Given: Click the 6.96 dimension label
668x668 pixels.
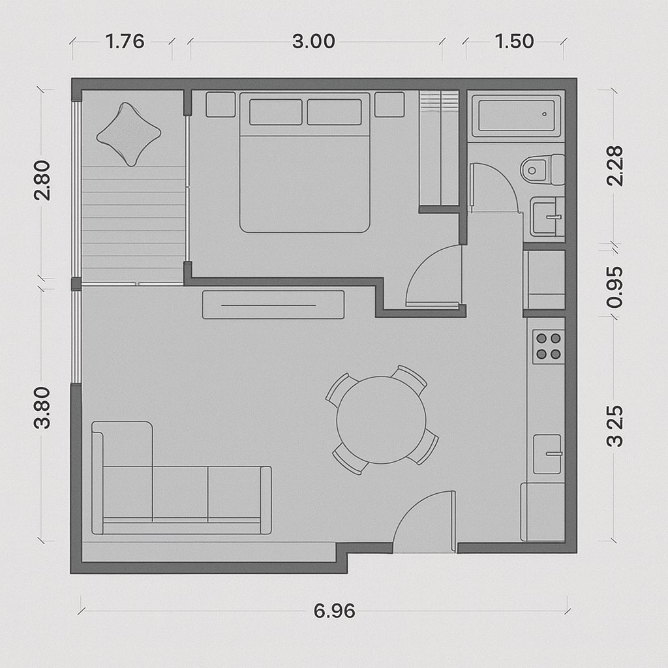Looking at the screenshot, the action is click(x=335, y=611).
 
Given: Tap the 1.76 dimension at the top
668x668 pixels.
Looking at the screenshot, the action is click(x=125, y=42).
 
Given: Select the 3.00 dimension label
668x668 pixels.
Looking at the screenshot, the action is click(x=314, y=42).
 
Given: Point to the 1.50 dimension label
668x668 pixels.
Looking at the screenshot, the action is click(x=514, y=42).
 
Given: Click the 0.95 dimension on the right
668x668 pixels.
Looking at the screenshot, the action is click(x=615, y=287).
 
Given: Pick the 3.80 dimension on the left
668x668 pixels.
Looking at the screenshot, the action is click(x=42, y=408).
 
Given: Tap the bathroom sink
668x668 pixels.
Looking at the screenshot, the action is click(x=548, y=217).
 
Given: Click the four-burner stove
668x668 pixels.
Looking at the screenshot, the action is click(x=549, y=346).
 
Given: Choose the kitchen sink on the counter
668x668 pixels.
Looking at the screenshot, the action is click(x=548, y=454).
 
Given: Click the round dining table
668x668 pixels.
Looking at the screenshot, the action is click(x=381, y=419).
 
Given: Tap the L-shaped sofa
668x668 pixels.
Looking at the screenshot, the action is click(x=181, y=478).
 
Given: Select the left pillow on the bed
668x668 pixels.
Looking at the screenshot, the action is click(x=276, y=112).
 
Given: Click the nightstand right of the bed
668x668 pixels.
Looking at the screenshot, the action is click(x=389, y=104).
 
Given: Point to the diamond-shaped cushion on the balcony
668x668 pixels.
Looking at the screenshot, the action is click(x=129, y=134).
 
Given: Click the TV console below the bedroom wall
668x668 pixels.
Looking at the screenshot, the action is click(x=273, y=305).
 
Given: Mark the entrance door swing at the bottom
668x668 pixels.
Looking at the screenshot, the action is click(x=424, y=522).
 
